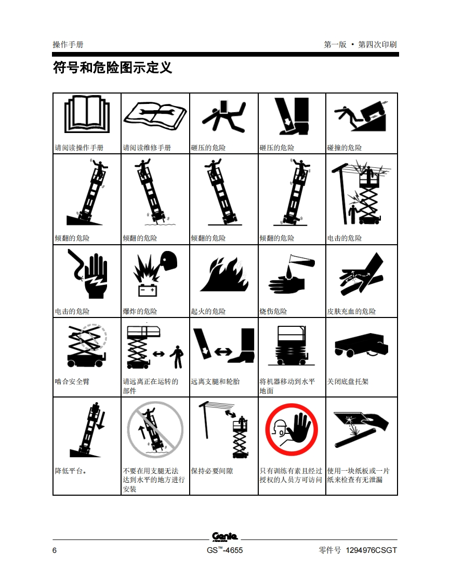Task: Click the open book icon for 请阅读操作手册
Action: (x=87, y=114)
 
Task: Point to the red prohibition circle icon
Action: (x=292, y=429)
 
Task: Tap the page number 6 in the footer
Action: (x=55, y=550)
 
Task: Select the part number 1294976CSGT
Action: (x=371, y=550)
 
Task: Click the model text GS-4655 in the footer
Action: (x=224, y=550)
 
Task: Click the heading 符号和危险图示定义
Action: (x=112, y=68)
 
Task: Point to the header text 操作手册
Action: (x=68, y=45)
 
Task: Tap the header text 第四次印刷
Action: (x=377, y=45)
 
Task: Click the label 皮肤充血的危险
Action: (x=351, y=311)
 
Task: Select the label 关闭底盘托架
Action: (x=348, y=381)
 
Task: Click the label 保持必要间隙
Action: (x=212, y=471)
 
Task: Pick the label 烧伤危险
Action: (x=273, y=311)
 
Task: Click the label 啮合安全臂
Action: (x=72, y=381)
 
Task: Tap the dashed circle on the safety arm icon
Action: (x=93, y=337)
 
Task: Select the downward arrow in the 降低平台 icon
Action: (x=101, y=420)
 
